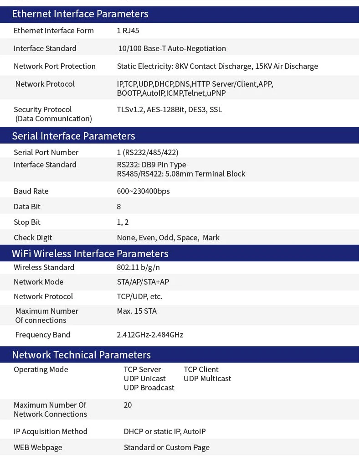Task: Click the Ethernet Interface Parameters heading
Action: coord(80,14)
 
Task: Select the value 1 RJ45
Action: coord(128,31)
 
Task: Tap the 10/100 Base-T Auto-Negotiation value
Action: coord(172,48)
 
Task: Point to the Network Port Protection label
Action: coord(55,66)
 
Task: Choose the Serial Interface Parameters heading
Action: coord(73,136)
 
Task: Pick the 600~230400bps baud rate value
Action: coord(143,191)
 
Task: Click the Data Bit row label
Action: coord(27,207)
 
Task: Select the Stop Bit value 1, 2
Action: coord(123,222)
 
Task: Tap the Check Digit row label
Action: coord(33,238)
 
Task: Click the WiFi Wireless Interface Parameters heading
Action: coord(90,254)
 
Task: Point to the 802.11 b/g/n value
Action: coord(138,267)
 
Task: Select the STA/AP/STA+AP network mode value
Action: coord(143,282)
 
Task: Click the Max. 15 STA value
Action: coord(137,311)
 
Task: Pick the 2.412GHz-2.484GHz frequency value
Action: coord(150,335)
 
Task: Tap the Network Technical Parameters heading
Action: coord(81,355)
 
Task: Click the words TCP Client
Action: coord(201,369)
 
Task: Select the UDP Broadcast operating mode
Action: coord(149,388)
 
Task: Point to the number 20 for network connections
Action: coord(128,405)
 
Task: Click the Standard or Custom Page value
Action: coord(166,447)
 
